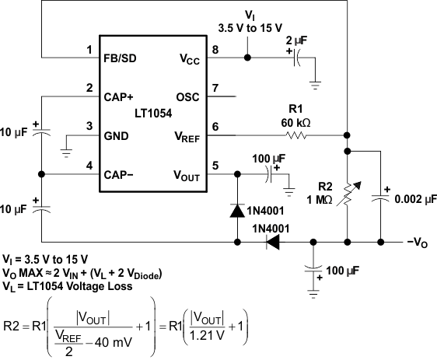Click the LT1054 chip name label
tap(152, 112)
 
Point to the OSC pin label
tap(187, 97)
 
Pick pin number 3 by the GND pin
tap(90, 126)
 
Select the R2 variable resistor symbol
tap(348, 196)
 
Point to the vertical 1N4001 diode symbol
tap(236, 210)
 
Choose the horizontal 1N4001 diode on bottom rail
tap(272, 243)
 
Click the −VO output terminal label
tap(417, 243)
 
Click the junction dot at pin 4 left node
tap(41, 175)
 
